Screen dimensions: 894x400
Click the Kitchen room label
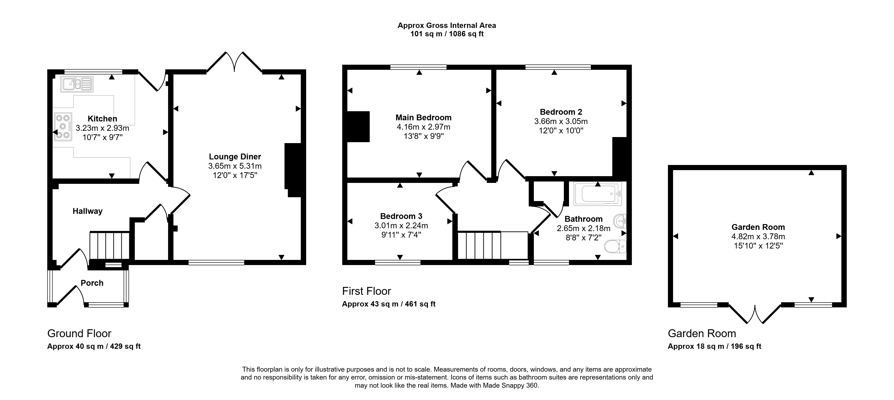point(102,119)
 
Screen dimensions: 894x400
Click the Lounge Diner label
point(235,157)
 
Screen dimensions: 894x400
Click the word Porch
point(92,283)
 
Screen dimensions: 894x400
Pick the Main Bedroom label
point(423,118)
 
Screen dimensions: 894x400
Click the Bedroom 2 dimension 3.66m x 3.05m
point(561,121)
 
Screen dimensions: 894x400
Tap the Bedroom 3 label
point(401,216)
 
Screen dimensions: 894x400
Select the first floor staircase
point(493,245)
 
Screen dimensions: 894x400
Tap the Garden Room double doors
point(755,314)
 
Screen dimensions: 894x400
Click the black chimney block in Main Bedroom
point(359,127)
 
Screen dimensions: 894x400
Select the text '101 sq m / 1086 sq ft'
point(447,34)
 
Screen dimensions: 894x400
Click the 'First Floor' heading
point(366,291)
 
